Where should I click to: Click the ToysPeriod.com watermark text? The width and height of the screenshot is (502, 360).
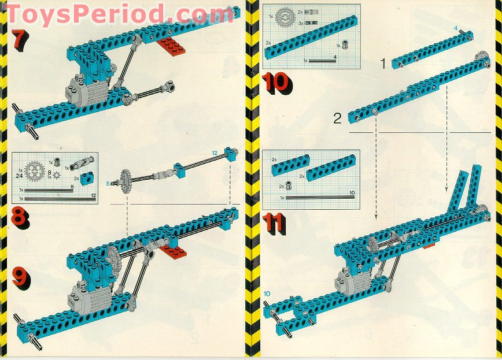[119, 13]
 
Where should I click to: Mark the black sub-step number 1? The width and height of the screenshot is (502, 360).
[382, 64]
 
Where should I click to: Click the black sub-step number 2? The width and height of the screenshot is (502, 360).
[338, 119]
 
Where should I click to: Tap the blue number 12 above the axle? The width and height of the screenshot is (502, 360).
[214, 152]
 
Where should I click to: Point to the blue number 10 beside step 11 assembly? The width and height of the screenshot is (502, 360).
[267, 294]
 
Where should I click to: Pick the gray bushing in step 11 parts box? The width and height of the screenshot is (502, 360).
[289, 186]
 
